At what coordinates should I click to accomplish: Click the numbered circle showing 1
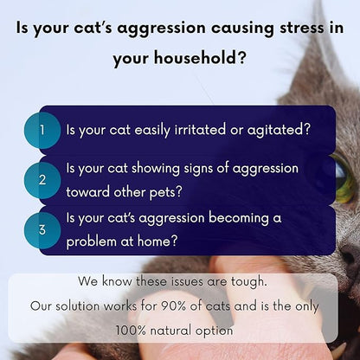pos(42,130)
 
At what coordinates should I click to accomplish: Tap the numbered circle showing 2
pos(42,179)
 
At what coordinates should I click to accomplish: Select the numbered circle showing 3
pos(42,230)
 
